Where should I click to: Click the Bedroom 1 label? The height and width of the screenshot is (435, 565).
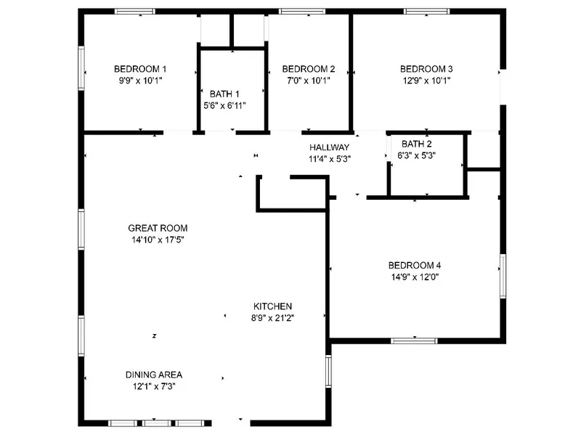pos(140,69)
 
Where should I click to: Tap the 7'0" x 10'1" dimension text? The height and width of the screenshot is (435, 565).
pos(309,81)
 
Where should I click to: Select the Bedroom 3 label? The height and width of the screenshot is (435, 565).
pos(426,69)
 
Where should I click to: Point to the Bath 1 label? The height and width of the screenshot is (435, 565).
pos(224,94)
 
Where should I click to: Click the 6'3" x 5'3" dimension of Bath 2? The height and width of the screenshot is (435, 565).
pos(417,155)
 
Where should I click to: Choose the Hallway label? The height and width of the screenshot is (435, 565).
pos(330,147)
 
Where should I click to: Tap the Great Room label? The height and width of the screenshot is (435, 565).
pos(158,228)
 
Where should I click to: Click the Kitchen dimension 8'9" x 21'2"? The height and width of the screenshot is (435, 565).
pos(273,318)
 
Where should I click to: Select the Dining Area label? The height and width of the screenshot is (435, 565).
pos(154,375)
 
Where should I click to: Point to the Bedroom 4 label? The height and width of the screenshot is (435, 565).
pos(415,266)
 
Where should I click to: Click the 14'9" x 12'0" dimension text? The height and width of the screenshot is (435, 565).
pos(415,277)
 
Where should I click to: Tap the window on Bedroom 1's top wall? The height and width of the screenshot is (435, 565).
pos(135,12)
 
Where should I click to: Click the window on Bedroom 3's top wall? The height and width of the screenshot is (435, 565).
pos(426,12)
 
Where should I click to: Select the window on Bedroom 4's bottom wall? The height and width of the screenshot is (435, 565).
pos(415,341)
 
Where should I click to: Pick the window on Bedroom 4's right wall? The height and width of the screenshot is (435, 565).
pos(503,276)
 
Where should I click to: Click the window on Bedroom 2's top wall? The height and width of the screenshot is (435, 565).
pos(302,12)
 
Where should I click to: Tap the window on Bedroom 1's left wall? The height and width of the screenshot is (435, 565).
pos(81,68)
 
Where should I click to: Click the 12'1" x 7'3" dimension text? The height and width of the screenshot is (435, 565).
pos(154,386)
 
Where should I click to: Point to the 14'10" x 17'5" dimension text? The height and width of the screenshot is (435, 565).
pos(158,240)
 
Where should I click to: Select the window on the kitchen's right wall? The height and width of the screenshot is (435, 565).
pos(328,371)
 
